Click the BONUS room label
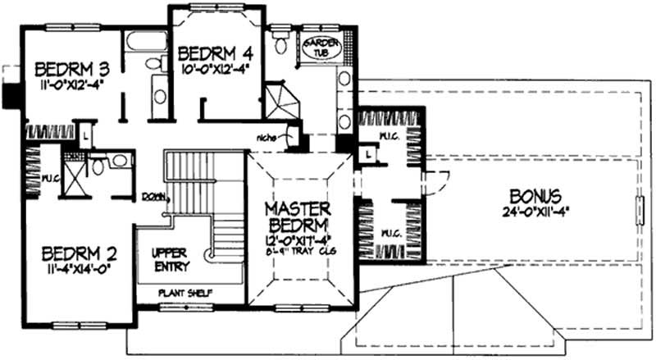pos(535,197)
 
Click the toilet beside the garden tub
pos(281,43)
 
